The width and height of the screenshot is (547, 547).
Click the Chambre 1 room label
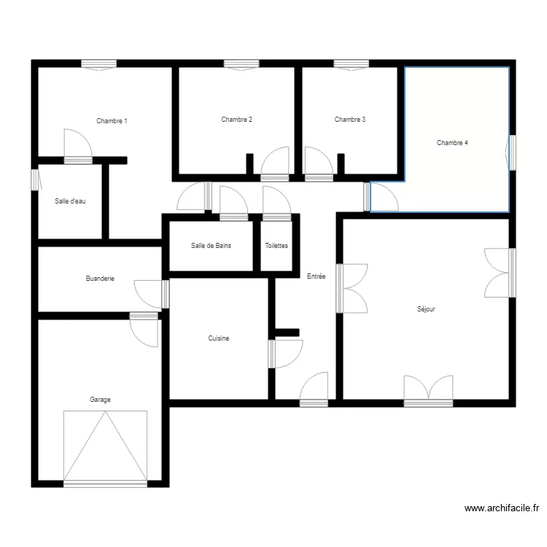pyautogui.click(x=112, y=121)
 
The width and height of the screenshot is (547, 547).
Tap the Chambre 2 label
pyautogui.click(x=236, y=120)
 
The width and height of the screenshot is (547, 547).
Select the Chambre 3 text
pyautogui.click(x=350, y=120)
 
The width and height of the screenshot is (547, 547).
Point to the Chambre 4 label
pyautogui.click(x=452, y=143)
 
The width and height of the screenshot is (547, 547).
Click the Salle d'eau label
pyautogui.click(x=70, y=201)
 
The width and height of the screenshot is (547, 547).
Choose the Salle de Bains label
pyautogui.click(x=211, y=246)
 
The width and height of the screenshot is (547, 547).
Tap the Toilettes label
pyautogui.click(x=276, y=246)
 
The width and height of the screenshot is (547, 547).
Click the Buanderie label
pyautogui.click(x=100, y=279)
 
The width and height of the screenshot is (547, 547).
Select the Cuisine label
pyautogui.click(x=219, y=338)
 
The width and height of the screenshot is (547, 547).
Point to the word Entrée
pyautogui.click(x=316, y=276)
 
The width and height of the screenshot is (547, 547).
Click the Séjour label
pyautogui.click(x=426, y=309)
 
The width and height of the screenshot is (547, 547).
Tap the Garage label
pyautogui.click(x=100, y=400)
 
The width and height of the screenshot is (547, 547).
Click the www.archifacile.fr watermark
pyautogui.click(x=502, y=508)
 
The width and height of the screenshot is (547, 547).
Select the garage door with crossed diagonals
pyautogui.click(x=105, y=449)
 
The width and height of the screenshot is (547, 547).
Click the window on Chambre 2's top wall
pyautogui.click(x=241, y=65)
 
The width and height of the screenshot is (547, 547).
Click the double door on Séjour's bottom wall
pyautogui.click(x=428, y=392)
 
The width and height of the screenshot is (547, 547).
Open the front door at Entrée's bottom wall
pyautogui.click(x=314, y=389)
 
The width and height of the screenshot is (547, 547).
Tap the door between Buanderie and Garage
pyautogui.click(x=144, y=330)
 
